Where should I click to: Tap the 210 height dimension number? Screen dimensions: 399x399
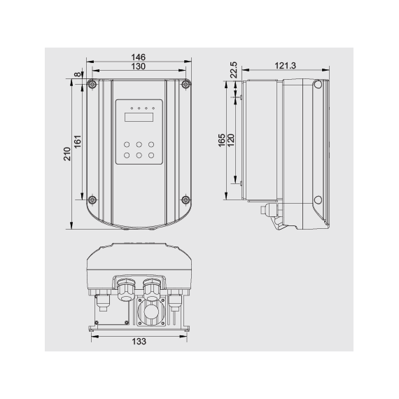[67, 154]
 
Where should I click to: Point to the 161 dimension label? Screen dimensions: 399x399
[78, 141]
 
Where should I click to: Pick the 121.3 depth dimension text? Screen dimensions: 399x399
[285, 65]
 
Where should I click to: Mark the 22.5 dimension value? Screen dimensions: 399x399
[234, 71]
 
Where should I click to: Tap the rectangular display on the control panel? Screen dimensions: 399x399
[139, 117]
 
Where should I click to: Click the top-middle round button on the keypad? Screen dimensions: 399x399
[139, 143]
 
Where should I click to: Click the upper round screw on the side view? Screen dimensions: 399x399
[318, 85]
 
